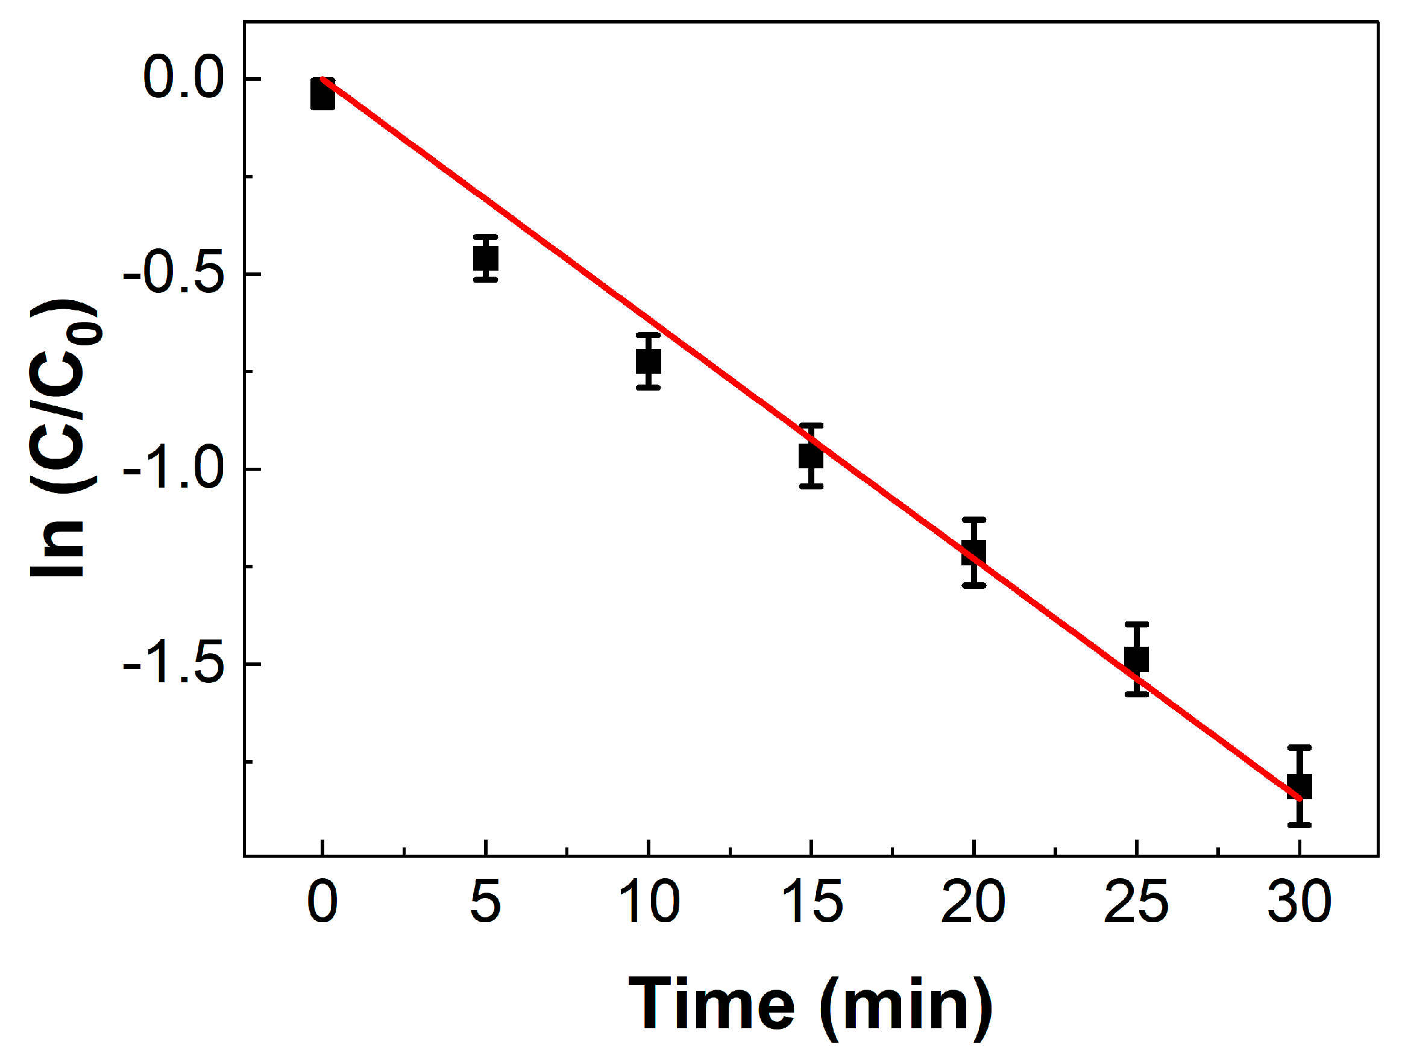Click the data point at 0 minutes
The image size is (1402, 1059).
pyautogui.click(x=322, y=95)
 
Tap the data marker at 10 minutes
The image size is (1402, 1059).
pyautogui.click(x=649, y=361)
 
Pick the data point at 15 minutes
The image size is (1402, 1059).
pyautogui.click(x=811, y=456)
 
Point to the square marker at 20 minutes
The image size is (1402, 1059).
pyautogui.click(x=974, y=553)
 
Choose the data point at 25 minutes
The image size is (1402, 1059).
pyautogui.click(x=1137, y=659)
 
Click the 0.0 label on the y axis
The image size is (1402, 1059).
pyautogui.click(x=184, y=78)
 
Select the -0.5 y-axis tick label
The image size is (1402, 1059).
pyautogui.click(x=174, y=274)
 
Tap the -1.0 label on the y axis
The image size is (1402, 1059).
pyautogui.click(x=174, y=470)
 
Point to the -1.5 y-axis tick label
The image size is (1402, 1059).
pyautogui.click(x=174, y=665)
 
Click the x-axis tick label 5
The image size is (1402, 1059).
pyautogui.click(x=485, y=902)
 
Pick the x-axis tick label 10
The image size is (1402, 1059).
pyautogui.click(x=649, y=902)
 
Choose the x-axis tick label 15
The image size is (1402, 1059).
pyautogui.click(x=811, y=902)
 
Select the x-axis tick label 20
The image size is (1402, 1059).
pyautogui.click(x=973, y=902)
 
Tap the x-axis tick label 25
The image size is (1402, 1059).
pyautogui.click(x=1136, y=902)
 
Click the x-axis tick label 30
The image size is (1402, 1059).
pyautogui.click(x=1300, y=902)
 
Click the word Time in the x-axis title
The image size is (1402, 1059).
pyautogui.click(x=711, y=1005)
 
